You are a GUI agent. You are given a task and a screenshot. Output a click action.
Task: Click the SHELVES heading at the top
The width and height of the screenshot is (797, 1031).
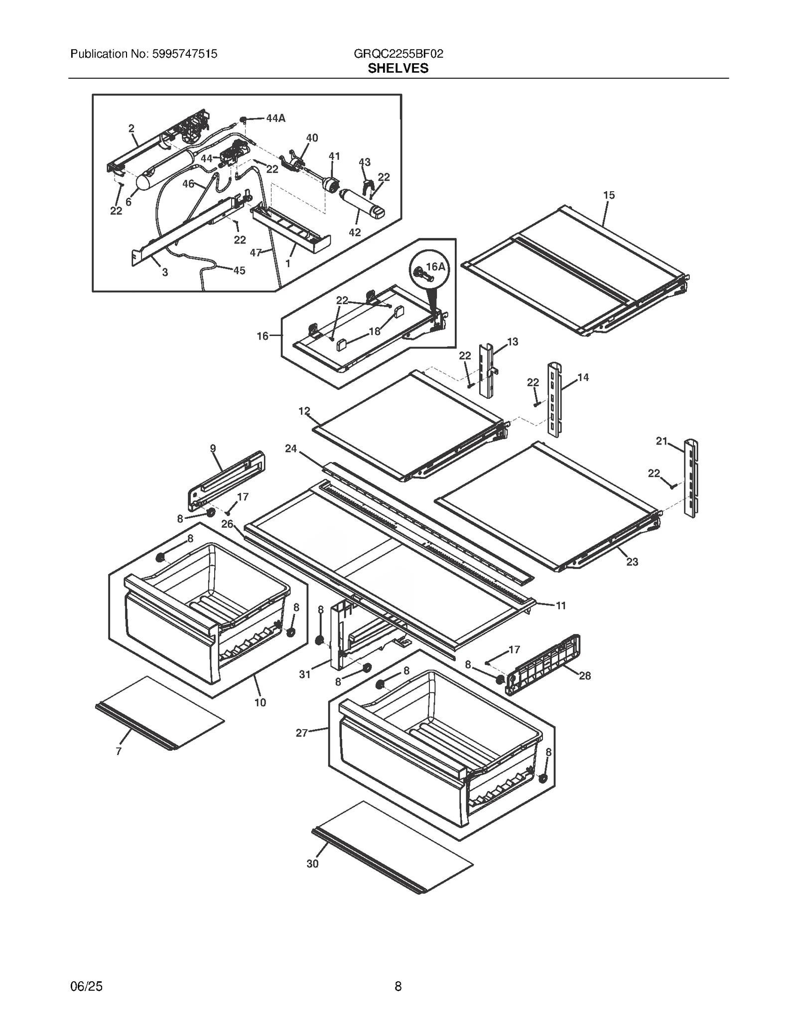pos(398,68)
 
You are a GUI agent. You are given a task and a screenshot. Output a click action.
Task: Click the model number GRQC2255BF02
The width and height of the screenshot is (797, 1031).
pos(398,54)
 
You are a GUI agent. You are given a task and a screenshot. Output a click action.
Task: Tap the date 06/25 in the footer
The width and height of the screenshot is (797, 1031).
pos(87,986)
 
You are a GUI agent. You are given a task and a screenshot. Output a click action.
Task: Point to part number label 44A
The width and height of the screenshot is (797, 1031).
pos(275,118)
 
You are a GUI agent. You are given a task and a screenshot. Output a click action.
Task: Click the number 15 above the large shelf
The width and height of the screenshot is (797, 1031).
pos(609,195)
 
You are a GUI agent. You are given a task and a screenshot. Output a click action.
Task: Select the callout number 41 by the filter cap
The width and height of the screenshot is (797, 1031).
pos(334,156)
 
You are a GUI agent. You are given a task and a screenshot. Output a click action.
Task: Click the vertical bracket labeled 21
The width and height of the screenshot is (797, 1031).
pos(690,478)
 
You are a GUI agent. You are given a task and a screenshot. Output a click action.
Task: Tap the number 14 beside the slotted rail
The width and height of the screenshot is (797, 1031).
pos(583,377)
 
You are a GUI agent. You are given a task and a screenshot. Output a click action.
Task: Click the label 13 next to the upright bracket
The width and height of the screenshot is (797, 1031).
pos(513,342)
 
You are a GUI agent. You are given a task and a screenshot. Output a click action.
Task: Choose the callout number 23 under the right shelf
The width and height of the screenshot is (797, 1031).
pos(632,562)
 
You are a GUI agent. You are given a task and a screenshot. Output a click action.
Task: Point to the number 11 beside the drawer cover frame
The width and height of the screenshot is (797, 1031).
pos(561,605)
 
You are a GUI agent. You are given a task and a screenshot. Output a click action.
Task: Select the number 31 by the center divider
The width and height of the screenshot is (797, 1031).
pos(305,674)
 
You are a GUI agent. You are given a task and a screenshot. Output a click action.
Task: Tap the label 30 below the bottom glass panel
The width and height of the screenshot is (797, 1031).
pos(312,864)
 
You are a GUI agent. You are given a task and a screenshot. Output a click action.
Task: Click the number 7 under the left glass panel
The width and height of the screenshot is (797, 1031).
pos(119,752)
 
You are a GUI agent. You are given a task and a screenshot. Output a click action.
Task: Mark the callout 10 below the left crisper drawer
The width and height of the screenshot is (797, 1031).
pos(260,702)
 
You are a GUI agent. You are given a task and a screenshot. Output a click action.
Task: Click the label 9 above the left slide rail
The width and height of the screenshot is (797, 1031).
pos(213,448)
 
